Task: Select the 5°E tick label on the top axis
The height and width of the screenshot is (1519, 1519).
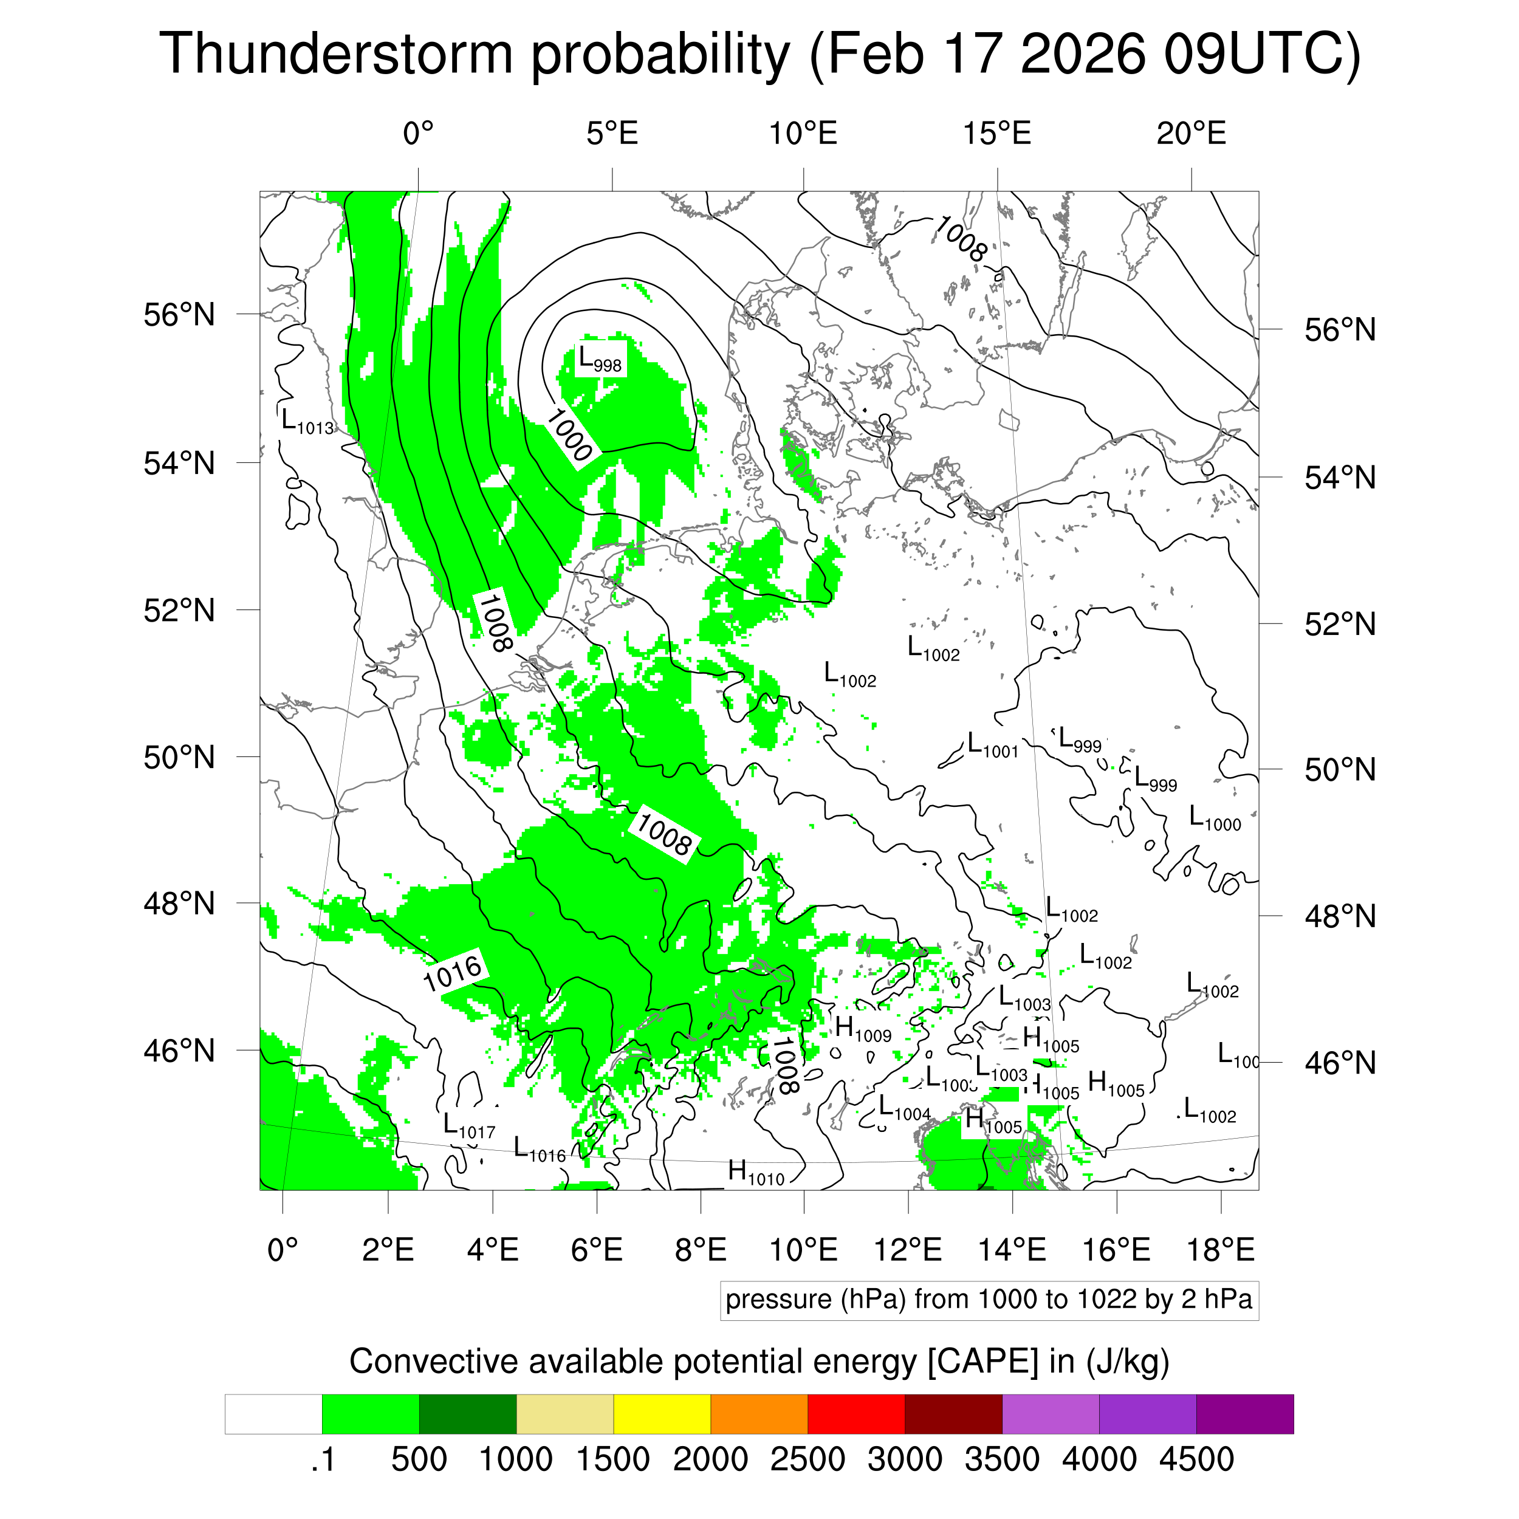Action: click(612, 134)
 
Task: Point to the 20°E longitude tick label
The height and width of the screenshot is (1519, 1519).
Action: click(1190, 134)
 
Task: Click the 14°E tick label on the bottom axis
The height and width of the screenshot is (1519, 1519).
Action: click(1012, 1249)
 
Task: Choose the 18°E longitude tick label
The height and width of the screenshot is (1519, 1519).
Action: click(1219, 1249)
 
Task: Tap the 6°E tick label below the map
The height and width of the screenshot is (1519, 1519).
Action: click(596, 1249)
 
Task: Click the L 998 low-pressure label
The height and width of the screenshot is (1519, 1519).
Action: click(600, 359)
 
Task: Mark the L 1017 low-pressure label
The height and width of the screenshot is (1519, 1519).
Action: click(468, 1125)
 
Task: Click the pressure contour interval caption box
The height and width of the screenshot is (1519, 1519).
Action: click(989, 1300)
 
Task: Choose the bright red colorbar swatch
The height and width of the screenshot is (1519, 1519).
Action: click(856, 1414)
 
